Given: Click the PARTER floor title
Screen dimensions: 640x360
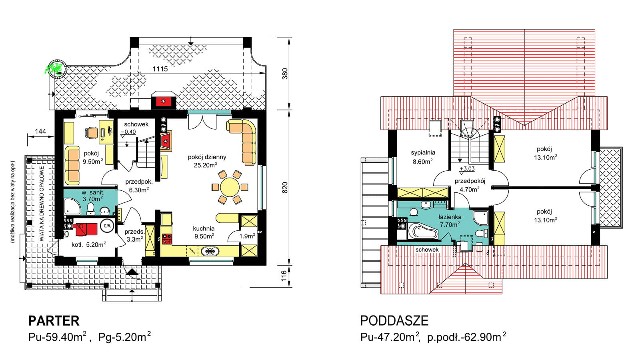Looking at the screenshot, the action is (54, 321).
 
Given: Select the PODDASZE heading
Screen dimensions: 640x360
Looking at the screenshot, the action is (394, 321).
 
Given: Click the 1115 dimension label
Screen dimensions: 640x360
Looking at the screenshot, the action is (160, 69).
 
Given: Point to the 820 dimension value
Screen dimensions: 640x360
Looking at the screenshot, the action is (285, 188).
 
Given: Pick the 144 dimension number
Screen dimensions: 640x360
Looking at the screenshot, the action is (40, 131).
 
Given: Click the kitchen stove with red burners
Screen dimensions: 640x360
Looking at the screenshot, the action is (167, 239).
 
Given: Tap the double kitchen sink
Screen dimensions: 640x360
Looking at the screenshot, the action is (210, 252).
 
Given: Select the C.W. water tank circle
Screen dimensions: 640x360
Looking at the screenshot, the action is (107, 226).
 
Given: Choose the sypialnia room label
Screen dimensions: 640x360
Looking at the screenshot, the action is (423, 152).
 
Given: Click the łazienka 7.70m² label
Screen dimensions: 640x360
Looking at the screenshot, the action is (450, 220).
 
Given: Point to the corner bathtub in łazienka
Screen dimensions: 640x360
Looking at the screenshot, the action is (423, 232).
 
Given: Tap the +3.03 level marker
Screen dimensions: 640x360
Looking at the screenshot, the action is (467, 169).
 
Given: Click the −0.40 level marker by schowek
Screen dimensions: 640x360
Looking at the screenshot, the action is (128, 132).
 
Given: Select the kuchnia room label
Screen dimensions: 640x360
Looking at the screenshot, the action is (204, 228).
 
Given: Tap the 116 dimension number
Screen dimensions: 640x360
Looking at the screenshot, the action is (284, 276).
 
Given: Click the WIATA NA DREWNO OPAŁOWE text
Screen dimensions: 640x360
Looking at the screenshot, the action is (42, 204).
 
